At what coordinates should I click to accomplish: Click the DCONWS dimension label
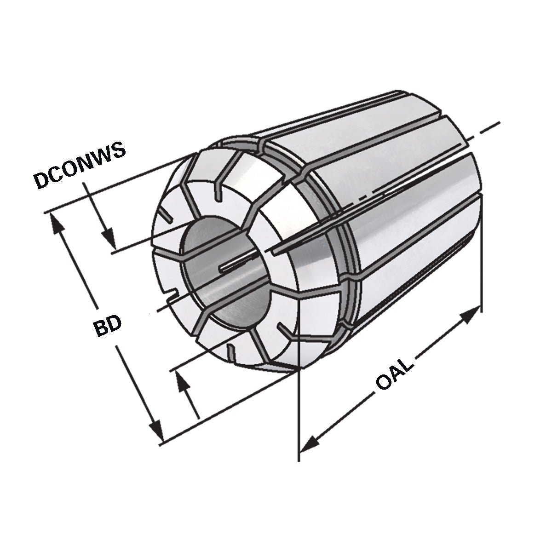click(80, 166)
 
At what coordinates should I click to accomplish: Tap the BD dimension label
click(107, 326)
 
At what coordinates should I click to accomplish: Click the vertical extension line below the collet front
click(299, 414)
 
